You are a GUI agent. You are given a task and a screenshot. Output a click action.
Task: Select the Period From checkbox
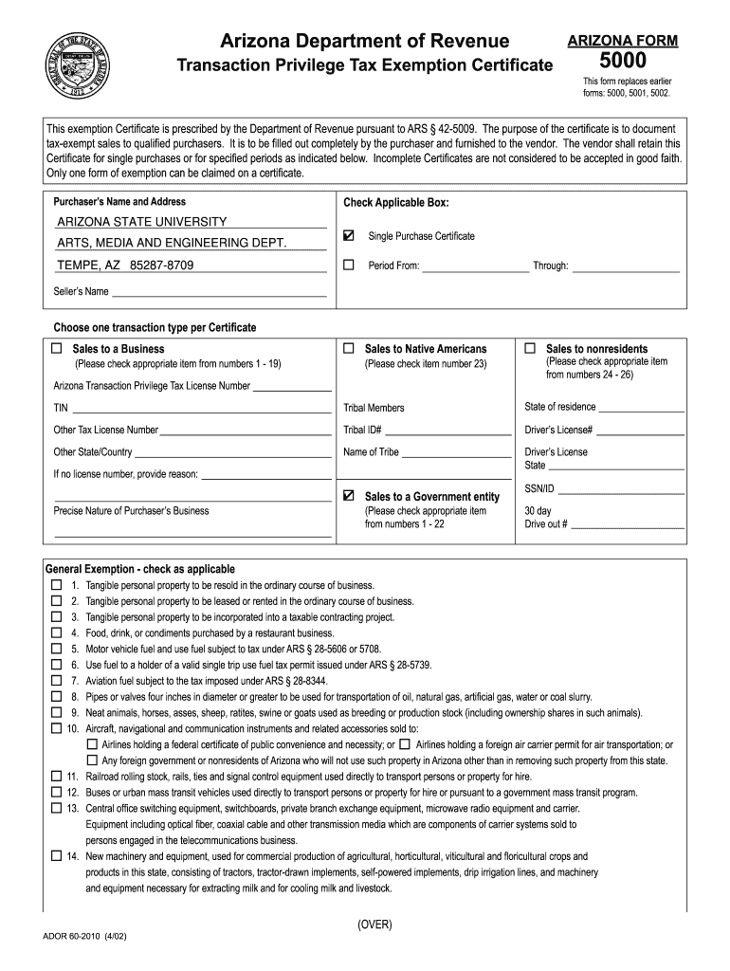(349, 266)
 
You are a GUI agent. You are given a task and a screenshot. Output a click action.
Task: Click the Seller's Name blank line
(219, 292)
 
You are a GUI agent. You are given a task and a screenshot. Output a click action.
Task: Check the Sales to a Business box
(60, 349)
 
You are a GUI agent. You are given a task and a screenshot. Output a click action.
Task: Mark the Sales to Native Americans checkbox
(349, 349)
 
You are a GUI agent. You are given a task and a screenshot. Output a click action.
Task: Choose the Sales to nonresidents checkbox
(530, 349)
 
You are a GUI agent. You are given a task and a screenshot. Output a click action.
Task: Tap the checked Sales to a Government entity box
(349, 496)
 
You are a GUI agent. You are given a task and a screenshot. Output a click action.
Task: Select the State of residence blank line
(642, 409)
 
